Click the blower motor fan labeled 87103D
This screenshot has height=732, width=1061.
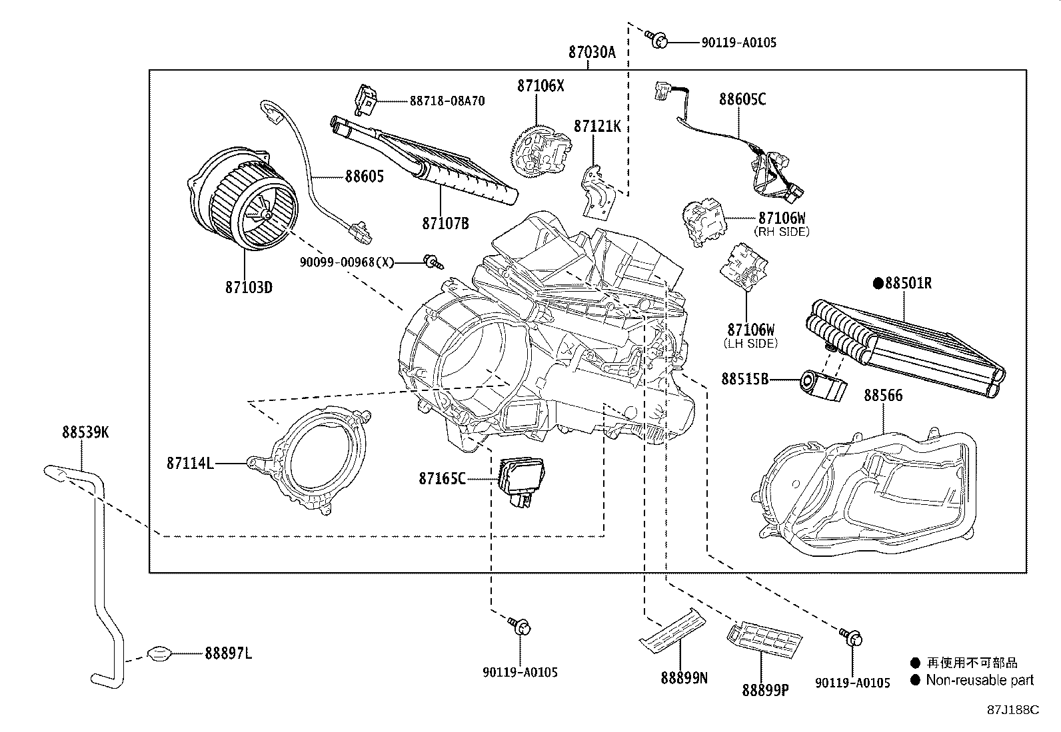pyautogui.click(x=243, y=199)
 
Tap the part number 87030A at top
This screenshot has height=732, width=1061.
pyautogui.click(x=592, y=52)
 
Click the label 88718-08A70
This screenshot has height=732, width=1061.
pyautogui.click(x=447, y=101)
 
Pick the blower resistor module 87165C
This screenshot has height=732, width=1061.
pyautogui.click(x=521, y=481)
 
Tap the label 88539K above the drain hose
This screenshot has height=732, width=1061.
pyautogui.click(x=85, y=432)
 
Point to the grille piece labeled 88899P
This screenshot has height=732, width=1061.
pyautogui.click(x=764, y=639)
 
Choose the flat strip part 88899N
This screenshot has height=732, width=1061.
pyautogui.click(x=672, y=631)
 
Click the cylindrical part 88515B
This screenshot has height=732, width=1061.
pyautogui.click(x=823, y=386)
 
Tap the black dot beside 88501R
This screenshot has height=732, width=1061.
pyautogui.click(x=878, y=283)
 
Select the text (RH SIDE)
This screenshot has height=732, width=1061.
pyautogui.click(x=782, y=232)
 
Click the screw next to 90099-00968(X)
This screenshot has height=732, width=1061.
pyautogui.click(x=434, y=262)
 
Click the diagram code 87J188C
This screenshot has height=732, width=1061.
pyautogui.click(x=1013, y=710)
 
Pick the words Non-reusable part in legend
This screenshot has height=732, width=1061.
pyautogui.click(x=980, y=681)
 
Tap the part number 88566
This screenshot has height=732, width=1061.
pyautogui.click(x=883, y=396)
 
